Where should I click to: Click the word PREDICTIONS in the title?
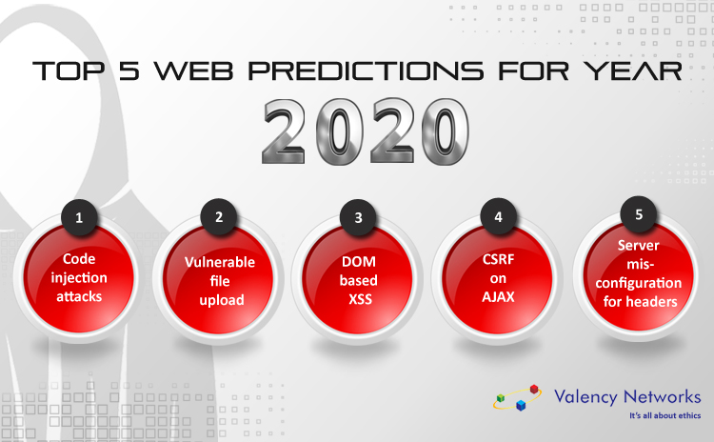tap(366, 71)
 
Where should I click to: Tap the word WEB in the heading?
tap(193, 71)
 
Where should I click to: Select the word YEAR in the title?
tap(633, 71)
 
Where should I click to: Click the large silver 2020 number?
tap(366, 131)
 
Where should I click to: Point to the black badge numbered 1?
tap(79, 217)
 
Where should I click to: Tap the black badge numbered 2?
tap(219, 216)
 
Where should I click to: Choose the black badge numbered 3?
tap(358, 217)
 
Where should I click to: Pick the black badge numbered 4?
tap(499, 216)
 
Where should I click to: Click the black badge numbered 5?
tap(639, 214)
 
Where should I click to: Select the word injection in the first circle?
tap(79, 278)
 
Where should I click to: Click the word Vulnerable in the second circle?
tap(220, 262)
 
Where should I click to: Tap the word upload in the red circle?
tap(222, 300)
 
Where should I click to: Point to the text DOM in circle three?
tap(359, 262)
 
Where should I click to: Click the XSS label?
tap(360, 299)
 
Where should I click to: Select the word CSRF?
tap(499, 259)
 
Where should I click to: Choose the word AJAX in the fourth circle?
tap(498, 297)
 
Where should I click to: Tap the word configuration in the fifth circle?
tap(639, 283)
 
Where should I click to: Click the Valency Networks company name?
tap(627, 397)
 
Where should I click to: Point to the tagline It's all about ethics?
tap(665, 415)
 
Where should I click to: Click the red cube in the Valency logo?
tap(534, 390)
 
